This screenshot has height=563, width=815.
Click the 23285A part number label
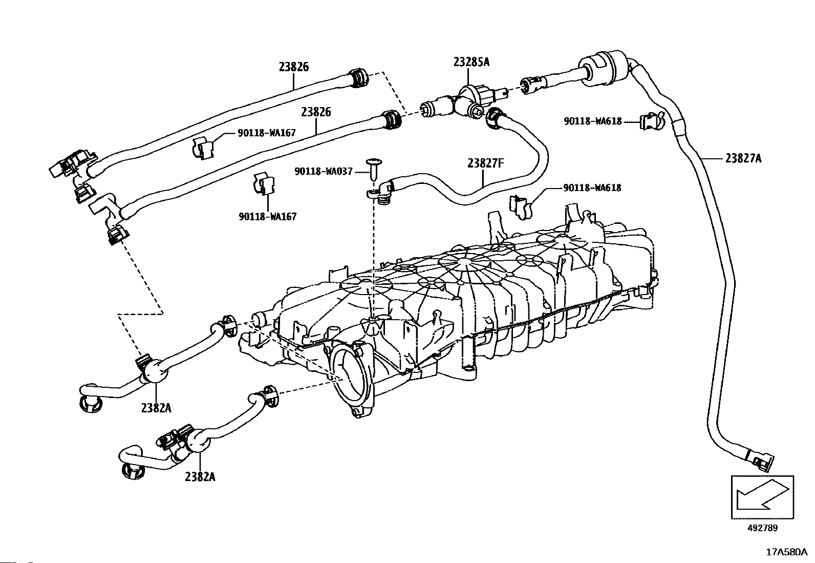coord(471,62)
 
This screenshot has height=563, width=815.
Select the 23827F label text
coord(486,163)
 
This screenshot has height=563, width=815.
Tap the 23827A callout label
coord(743,158)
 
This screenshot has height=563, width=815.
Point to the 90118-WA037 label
coord(324,171)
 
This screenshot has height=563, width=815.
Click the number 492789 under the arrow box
coord(763,528)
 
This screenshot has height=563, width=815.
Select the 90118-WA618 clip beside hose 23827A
coord(652,121)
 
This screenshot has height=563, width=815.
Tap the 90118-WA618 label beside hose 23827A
coord(593,121)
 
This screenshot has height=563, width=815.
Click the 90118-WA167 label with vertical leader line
coord(267,217)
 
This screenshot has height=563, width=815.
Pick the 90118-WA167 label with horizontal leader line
coord(267,133)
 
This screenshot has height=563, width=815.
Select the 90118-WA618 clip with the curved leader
coord(521,207)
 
